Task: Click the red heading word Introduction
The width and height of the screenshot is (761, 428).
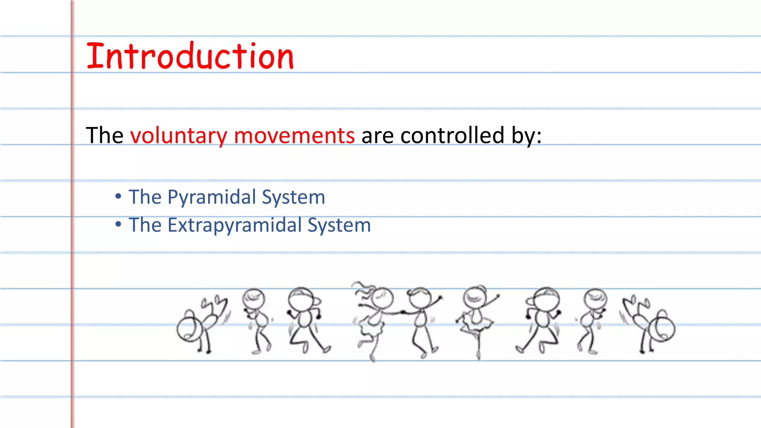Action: pos(190,56)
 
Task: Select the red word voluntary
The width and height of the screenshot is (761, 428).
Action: pos(178,136)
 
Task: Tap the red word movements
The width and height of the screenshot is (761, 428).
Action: pos(294,136)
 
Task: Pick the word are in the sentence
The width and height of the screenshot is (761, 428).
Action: pos(377,136)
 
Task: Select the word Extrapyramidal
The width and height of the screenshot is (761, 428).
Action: pos(234,226)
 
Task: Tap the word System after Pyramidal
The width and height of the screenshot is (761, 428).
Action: pos(294,197)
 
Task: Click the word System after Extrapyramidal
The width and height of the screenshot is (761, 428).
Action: pos(339,226)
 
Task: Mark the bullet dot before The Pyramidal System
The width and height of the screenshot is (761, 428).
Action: pos(118,196)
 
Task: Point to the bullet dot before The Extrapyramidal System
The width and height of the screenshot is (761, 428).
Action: pos(118,224)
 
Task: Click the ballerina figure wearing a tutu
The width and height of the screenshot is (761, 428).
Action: pos(477,320)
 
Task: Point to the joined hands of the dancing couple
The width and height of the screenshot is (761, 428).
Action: pos(402,312)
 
